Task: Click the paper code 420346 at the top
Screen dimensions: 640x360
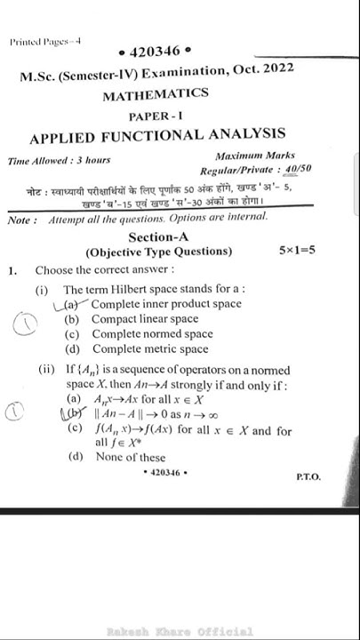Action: pyautogui.click(x=154, y=52)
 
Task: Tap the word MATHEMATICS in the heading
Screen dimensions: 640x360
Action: pyautogui.click(x=156, y=94)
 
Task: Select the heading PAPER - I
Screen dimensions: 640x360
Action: pyautogui.click(x=156, y=116)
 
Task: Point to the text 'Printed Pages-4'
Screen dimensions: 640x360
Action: pyautogui.click(x=45, y=41)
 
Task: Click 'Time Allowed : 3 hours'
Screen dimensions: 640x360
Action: pyautogui.click(x=59, y=160)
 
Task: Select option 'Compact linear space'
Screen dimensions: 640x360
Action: pyautogui.click(x=144, y=319)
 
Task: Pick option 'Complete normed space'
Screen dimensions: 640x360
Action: pyautogui.click(x=152, y=334)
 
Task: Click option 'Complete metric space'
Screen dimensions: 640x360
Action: pyautogui.click(x=150, y=349)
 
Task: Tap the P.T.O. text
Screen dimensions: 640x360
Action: pyautogui.click(x=308, y=477)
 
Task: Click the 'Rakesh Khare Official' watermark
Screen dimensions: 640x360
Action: pyautogui.click(x=180, y=631)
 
